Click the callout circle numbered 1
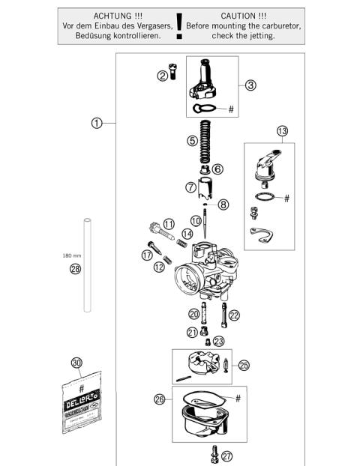tap(96, 123)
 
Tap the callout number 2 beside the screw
tap(161, 75)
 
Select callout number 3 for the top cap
tap(250, 85)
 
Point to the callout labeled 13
tap(281, 131)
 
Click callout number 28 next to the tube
tap(75, 270)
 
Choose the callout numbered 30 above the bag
tap(76, 363)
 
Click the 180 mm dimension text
tap(72, 255)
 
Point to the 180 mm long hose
tap(87, 262)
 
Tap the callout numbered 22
tap(234, 315)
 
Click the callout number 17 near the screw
tap(148, 255)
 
